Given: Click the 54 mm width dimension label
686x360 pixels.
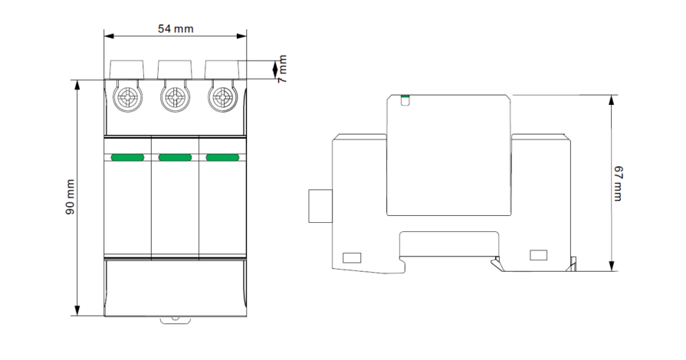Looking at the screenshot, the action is (176, 29).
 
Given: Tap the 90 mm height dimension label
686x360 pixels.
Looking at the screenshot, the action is (70, 197).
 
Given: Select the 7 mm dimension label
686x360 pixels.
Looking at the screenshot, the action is (283, 69).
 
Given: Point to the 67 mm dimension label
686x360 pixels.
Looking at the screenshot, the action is (618, 183).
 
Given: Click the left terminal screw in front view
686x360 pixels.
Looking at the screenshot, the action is (127, 97).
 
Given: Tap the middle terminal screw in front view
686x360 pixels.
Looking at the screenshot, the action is (175, 97).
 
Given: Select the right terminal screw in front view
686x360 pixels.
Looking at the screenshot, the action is (223, 97).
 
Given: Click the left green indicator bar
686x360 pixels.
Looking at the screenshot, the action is (127, 158).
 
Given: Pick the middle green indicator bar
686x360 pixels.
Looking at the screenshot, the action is (175, 158).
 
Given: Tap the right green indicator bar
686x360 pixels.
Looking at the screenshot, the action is (223, 158).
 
